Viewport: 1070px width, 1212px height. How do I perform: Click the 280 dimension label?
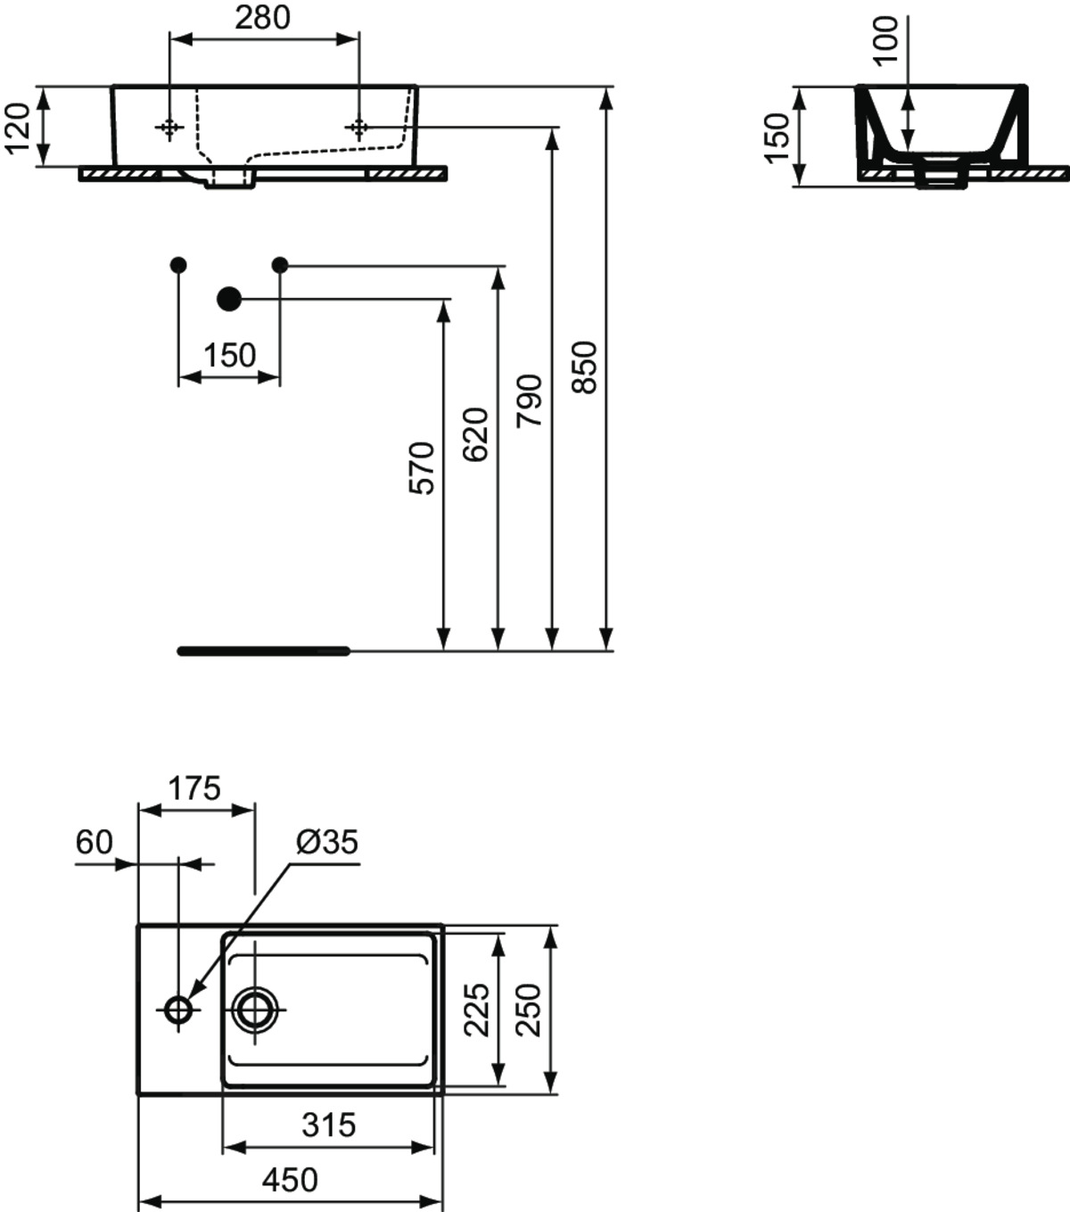click(x=262, y=18)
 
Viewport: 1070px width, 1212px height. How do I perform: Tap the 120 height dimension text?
click(x=17, y=128)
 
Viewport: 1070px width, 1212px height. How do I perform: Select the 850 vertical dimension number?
click(x=584, y=367)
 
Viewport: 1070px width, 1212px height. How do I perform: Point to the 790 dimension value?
click(x=530, y=400)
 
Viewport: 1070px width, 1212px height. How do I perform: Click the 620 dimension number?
click(x=475, y=434)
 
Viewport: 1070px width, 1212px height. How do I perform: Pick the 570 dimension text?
click(x=422, y=468)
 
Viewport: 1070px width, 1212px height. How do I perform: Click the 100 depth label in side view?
click(x=885, y=39)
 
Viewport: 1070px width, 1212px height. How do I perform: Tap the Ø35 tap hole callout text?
click(x=327, y=842)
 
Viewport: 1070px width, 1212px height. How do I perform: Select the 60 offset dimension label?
click(x=94, y=842)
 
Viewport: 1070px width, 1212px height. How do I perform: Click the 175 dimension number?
click(x=194, y=788)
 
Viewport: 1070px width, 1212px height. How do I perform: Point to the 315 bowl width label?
click(x=328, y=1125)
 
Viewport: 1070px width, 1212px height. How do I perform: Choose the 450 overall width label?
click(x=290, y=1180)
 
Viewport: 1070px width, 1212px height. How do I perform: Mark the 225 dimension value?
click(x=477, y=1010)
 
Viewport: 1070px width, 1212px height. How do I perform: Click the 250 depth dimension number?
click(x=529, y=1010)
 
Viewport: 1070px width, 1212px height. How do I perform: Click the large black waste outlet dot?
click(x=229, y=299)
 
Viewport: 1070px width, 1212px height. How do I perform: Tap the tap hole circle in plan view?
click(x=178, y=1010)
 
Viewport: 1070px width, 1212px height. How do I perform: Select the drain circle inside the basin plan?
click(x=255, y=1010)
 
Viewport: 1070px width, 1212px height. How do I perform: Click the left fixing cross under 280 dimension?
click(x=169, y=128)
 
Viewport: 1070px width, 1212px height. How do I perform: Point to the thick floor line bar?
click(x=264, y=651)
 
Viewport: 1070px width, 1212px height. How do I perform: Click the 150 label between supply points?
click(x=230, y=355)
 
